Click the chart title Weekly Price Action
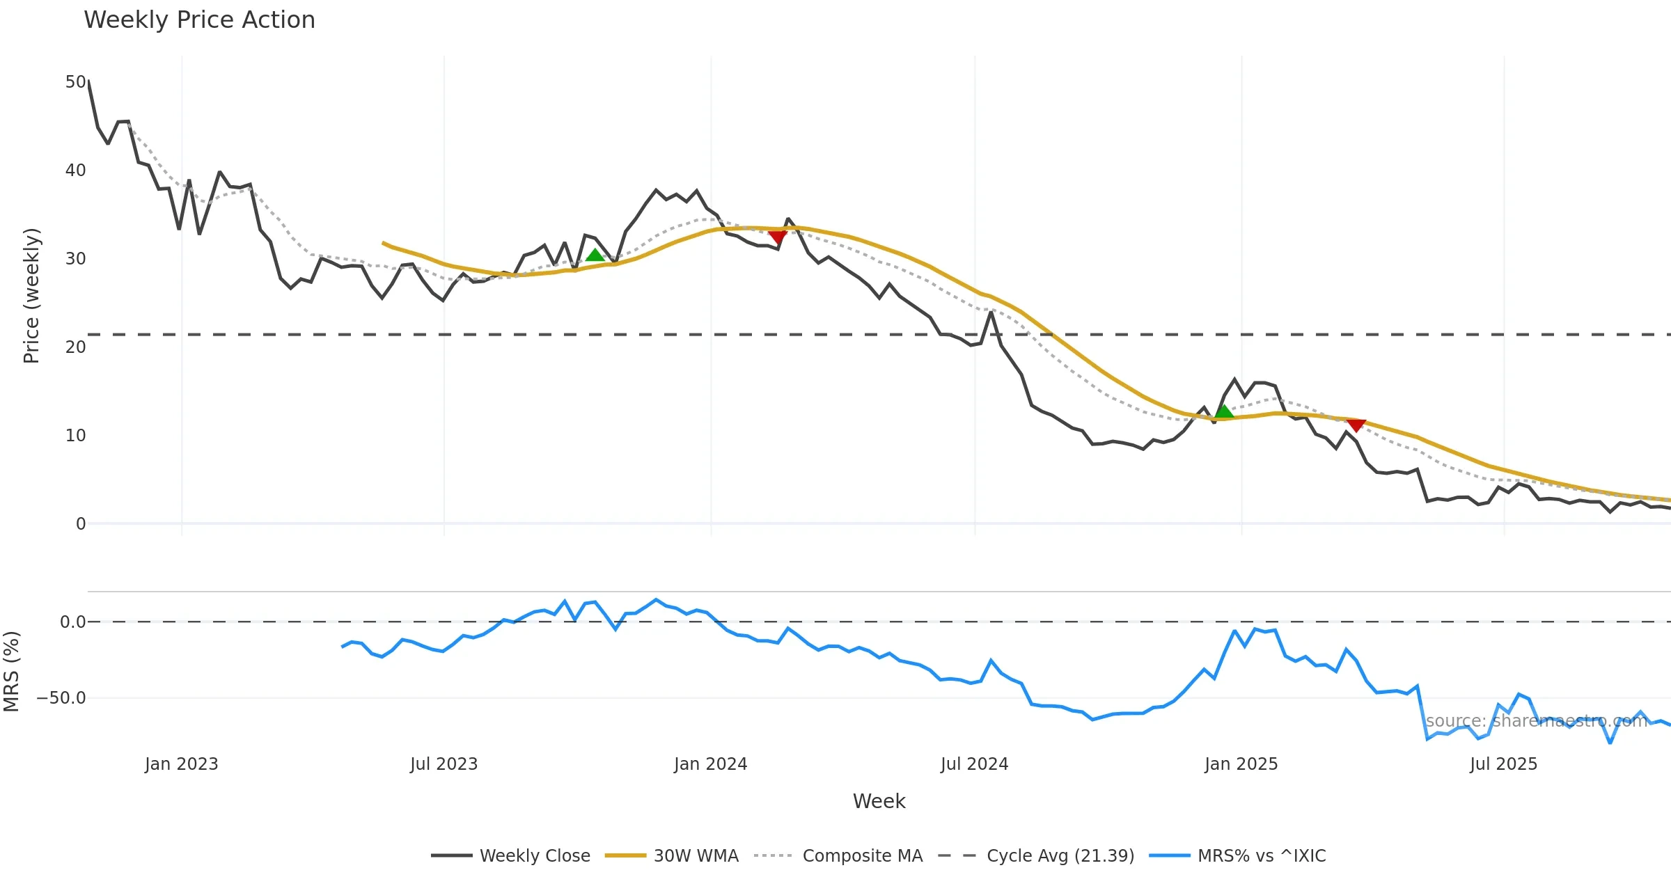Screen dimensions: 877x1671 click(x=199, y=20)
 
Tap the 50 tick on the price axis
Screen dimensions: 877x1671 click(x=75, y=82)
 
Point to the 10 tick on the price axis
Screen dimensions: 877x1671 click(x=75, y=436)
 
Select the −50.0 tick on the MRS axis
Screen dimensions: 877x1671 click(x=61, y=698)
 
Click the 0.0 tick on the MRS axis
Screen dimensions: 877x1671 click(x=72, y=622)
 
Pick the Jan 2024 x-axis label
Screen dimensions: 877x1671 click(x=710, y=764)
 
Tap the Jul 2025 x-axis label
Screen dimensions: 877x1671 click(x=1503, y=764)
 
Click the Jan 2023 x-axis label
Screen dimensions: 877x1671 click(x=182, y=764)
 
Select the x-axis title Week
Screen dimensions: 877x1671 click(x=879, y=802)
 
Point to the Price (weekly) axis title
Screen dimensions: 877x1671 click(x=32, y=296)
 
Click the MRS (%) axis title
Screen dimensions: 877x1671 click(x=11, y=672)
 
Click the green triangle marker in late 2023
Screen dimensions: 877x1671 click(x=595, y=255)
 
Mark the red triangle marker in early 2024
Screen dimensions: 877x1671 click(x=778, y=237)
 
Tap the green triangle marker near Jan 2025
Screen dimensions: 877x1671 click(x=1224, y=412)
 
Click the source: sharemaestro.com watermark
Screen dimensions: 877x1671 click(x=1536, y=721)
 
